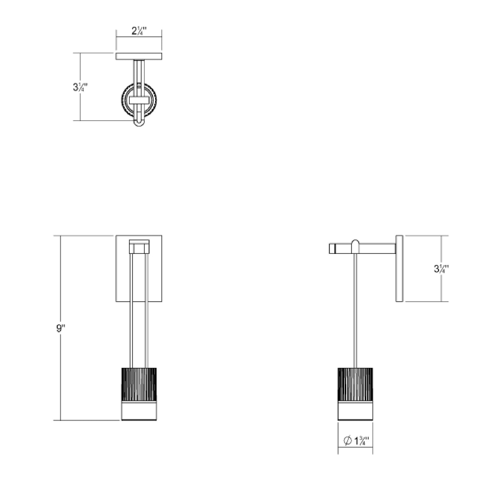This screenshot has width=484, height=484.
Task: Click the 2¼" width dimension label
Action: pos(139,31)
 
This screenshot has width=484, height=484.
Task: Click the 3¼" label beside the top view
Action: pos(80,87)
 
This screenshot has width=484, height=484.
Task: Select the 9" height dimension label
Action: pos(60,329)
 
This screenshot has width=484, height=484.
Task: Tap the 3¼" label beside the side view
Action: pos(441,269)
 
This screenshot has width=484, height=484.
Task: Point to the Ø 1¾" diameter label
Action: pos(356,441)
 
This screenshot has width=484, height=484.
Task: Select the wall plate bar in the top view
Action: pos(139,56)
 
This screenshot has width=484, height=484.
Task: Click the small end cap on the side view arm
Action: pos(332,249)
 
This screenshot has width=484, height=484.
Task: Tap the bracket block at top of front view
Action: pos(139,247)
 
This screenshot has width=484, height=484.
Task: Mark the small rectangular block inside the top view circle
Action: pos(139,100)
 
